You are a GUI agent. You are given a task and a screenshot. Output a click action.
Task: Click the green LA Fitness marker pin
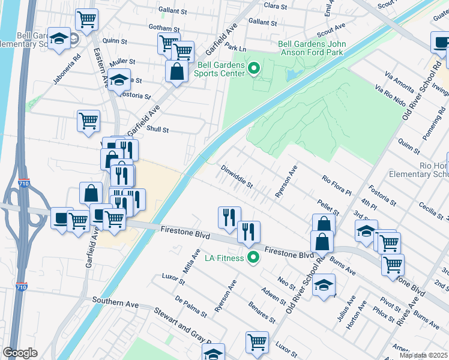tap(253, 258)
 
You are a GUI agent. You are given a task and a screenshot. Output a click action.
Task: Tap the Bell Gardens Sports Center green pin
tap(253, 69)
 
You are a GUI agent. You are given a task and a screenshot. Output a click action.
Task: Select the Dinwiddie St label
tap(237, 176)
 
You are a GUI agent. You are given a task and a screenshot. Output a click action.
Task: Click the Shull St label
tap(158, 130)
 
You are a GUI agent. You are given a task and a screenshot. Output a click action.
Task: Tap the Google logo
tap(20, 353)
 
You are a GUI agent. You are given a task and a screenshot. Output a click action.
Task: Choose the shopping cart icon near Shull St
tap(88, 121)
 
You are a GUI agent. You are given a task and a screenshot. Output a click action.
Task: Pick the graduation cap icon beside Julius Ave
tap(324, 286)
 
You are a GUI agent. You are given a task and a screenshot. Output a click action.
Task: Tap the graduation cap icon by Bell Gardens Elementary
tap(59, 40)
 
